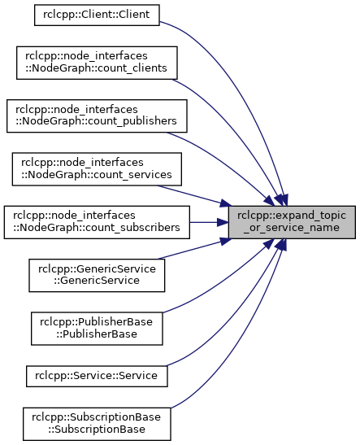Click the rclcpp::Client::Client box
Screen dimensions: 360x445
(x=97, y=15)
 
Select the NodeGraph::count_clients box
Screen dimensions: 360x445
(x=97, y=63)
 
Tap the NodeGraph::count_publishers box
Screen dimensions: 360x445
(x=97, y=116)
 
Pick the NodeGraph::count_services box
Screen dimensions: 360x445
(x=97, y=169)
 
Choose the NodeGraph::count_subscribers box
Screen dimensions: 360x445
(x=97, y=222)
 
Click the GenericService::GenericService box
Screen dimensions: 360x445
(x=97, y=275)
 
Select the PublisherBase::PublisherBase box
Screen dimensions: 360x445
(x=97, y=329)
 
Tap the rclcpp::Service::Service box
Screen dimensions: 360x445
(x=97, y=376)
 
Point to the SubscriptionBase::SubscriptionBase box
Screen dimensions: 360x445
(x=97, y=424)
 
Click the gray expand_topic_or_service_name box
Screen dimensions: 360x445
(x=292, y=222)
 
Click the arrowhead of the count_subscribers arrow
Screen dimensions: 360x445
(x=223, y=222)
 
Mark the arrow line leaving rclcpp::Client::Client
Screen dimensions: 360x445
(x=246, y=85)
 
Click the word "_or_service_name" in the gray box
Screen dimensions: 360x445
(x=292, y=228)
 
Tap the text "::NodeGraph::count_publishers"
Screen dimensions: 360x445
(x=96, y=121)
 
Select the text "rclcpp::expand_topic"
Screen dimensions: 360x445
(x=292, y=216)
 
